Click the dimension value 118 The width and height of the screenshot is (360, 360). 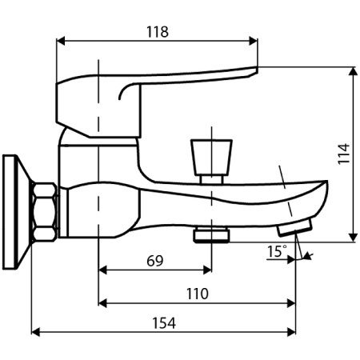158,32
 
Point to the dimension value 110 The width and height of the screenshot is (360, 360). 198,294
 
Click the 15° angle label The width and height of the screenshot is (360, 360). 277,252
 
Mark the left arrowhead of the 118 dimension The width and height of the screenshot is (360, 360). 62,42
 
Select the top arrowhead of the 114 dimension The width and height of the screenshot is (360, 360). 352,71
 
